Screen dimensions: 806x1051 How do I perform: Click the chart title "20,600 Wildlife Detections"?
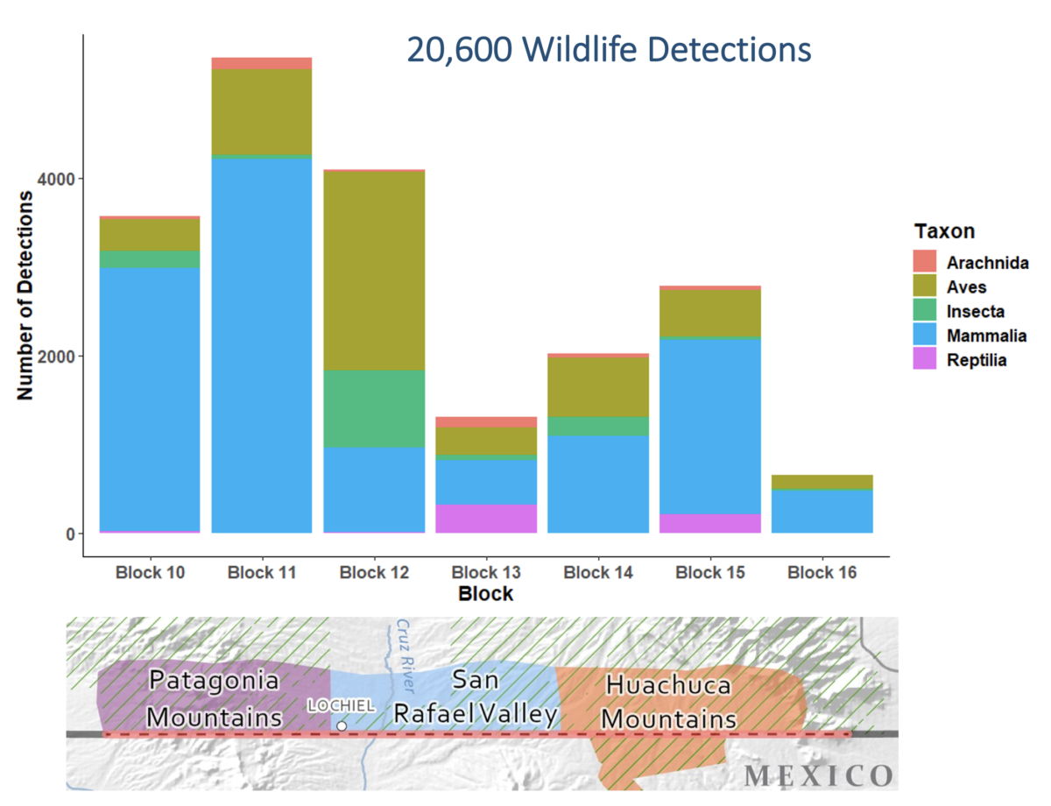click(609, 50)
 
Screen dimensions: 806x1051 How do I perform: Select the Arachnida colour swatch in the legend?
click(925, 261)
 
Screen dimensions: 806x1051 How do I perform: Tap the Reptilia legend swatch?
click(925, 359)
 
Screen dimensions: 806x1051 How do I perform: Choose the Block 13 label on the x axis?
click(485, 573)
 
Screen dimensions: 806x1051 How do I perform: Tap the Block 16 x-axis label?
click(822, 573)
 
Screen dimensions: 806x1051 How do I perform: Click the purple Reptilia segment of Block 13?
click(485, 519)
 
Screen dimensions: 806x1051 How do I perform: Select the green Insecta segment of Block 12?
click(373, 409)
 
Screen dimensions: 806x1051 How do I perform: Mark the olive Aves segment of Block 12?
click(373, 270)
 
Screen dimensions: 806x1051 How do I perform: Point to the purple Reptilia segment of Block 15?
click(709, 523)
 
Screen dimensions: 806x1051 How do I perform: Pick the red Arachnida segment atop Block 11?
click(261, 63)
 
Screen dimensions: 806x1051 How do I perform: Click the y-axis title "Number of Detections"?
click(25, 294)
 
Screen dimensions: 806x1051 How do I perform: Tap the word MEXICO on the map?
click(819, 775)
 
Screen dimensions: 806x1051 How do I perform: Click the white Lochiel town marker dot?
click(342, 726)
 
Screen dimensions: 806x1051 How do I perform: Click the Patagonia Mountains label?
click(215, 698)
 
